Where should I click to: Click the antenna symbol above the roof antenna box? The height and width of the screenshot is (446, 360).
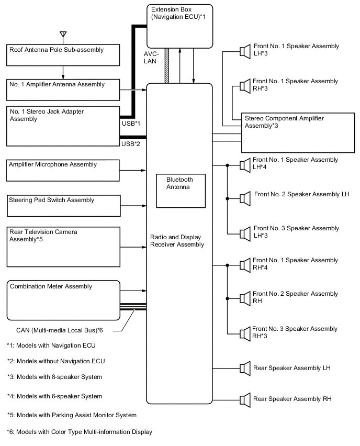pos(63,36)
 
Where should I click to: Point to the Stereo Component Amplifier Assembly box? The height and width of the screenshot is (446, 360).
pos(298,132)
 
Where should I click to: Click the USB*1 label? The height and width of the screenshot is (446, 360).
pos(130,123)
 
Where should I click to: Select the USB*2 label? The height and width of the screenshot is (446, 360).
pos(130,143)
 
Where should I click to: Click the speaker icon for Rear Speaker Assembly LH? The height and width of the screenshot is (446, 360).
pos(244,368)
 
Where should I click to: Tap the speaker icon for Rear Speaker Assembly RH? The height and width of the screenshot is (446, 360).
pos(244,399)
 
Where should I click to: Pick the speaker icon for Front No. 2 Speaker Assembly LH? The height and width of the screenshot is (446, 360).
pos(244,198)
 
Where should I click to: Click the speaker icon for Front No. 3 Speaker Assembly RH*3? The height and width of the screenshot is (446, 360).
pos(244,332)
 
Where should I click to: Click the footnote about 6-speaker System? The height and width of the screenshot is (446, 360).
pos(54,396)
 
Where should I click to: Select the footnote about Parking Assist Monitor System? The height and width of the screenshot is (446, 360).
pos(71,415)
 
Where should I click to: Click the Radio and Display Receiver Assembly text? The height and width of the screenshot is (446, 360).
pos(177,240)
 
